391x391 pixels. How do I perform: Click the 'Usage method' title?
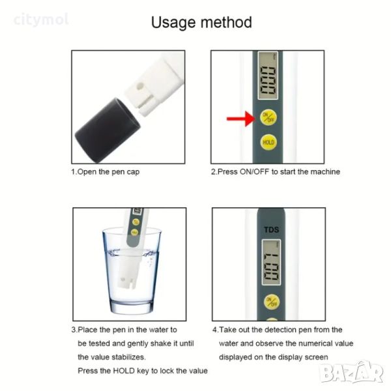201,22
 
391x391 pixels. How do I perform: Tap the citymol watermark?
41,20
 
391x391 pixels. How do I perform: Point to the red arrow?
241,119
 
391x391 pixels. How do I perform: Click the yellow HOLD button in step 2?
268,142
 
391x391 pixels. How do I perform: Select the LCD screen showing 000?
268,76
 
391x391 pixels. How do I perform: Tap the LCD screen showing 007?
271,263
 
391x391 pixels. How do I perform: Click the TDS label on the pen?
272,229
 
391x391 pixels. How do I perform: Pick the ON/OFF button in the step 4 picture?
272,302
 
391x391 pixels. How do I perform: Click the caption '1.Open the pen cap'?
105,172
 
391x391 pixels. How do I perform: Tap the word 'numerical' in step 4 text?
315,343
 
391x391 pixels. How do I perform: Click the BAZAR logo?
352,371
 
